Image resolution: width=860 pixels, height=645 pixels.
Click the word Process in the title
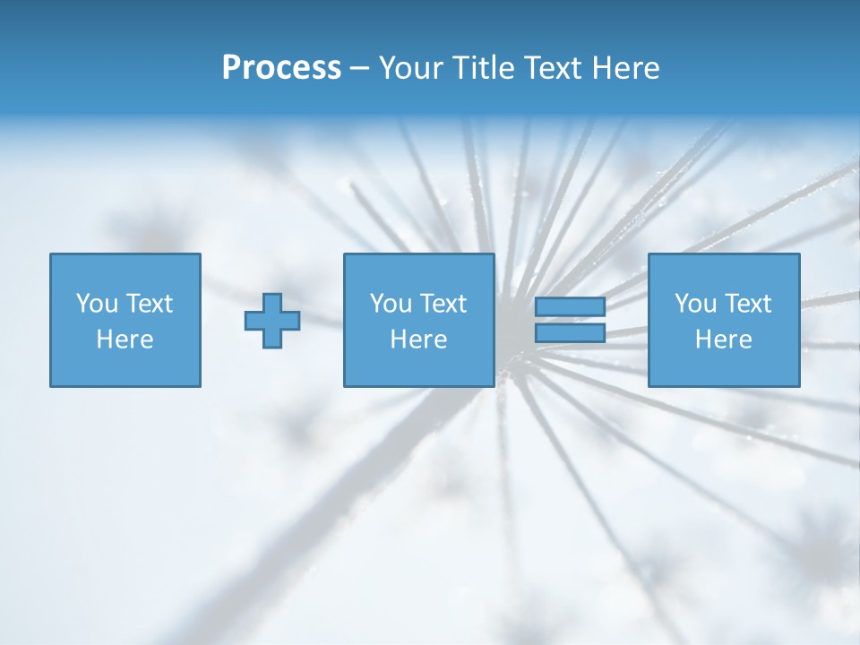tap(281, 68)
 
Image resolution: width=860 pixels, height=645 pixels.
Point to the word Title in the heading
tap(485, 68)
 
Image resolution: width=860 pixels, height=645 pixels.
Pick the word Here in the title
tap(626, 68)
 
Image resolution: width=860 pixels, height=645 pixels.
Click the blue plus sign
tap(272, 320)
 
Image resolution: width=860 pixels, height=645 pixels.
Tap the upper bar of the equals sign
tap(570, 307)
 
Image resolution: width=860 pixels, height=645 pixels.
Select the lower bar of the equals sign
tap(570, 332)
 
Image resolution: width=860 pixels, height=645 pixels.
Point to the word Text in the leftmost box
tap(149, 304)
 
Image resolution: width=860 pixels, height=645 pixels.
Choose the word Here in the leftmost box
tap(125, 340)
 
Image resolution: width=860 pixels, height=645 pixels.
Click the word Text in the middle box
tap(443, 304)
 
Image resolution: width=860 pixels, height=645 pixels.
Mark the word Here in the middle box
tap(418, 340)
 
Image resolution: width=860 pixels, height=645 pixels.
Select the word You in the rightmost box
tap(696, 304)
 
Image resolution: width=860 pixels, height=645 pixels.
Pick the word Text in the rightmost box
tap(747, 304)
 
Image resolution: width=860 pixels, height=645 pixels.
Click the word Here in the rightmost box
tap(723, 340)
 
